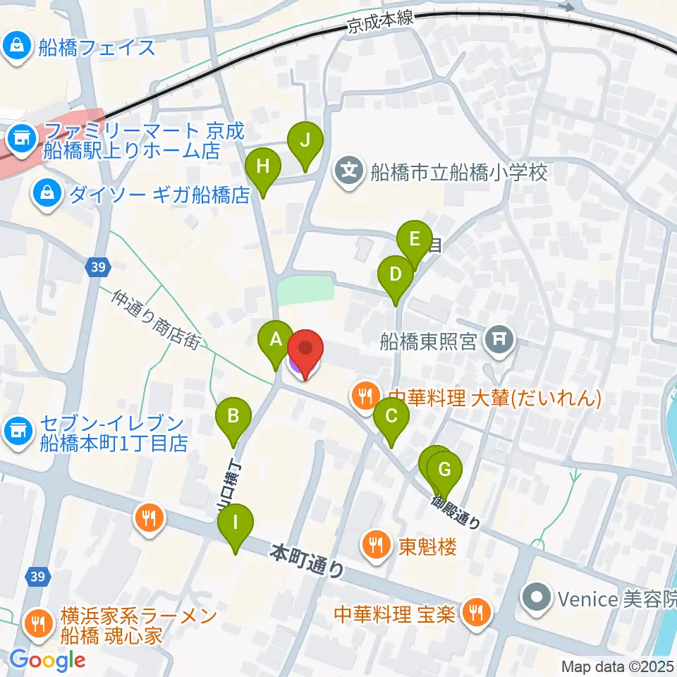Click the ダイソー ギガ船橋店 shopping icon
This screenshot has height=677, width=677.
pos(47,193)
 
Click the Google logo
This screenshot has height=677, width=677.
pos(47,659)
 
